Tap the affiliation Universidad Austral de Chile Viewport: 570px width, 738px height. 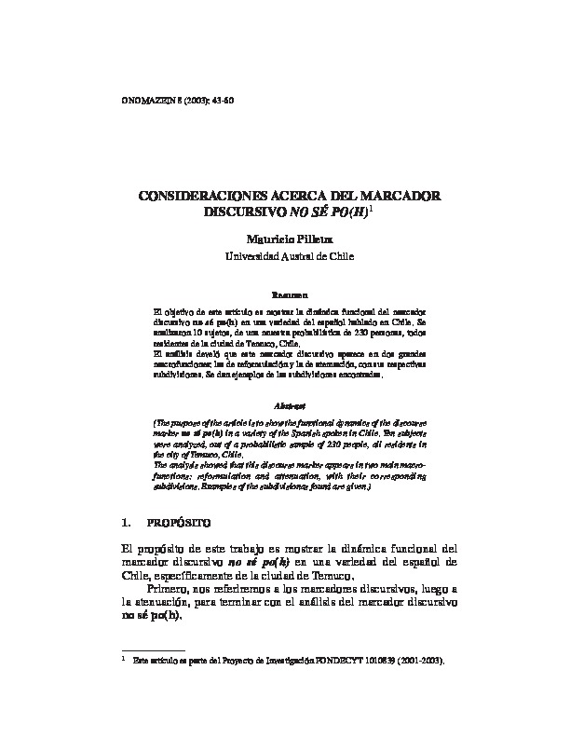tap(285, 254)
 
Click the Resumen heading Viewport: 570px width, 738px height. tap(285, 292)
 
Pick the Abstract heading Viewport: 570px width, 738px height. tap(285, 405)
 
